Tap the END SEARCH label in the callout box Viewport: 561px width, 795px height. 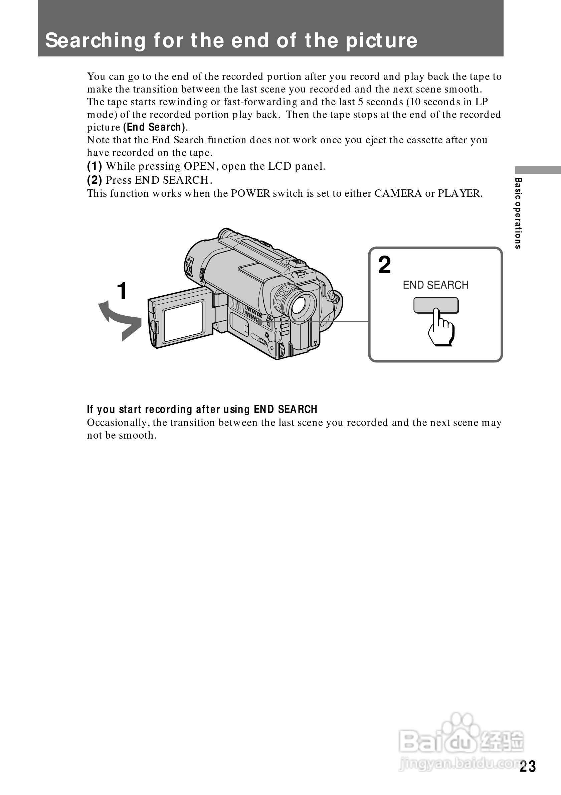point(435,285)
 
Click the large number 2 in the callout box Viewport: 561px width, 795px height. point(384,265)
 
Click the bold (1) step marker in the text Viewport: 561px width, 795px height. point(94,166)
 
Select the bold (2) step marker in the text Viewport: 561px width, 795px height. point(94,180)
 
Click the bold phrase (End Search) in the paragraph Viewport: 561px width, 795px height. point(154,127)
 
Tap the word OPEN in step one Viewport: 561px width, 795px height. point(199,166)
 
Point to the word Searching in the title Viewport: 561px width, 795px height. point(96,40)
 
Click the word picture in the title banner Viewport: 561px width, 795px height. point(382,40)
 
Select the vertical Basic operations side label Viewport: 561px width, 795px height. point(518,213)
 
